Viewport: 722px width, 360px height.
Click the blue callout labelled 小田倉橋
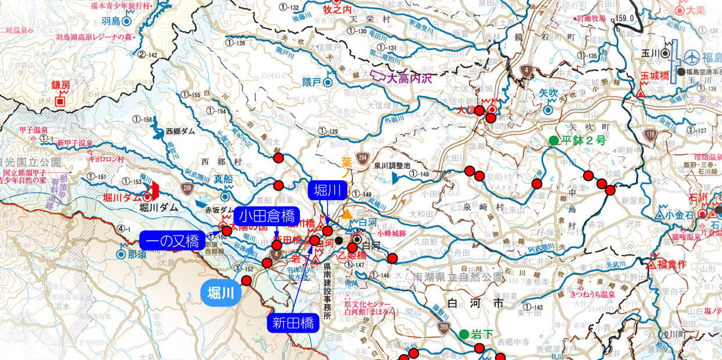point(267,217)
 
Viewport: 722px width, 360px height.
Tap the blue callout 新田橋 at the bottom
point(294,323)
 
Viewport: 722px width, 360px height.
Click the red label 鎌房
point(60,85)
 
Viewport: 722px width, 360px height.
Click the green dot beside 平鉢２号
point(553,140)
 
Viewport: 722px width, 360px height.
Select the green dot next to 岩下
point(463,334)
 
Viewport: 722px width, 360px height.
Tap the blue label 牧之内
point(338,10)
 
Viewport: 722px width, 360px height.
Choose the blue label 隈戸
point(312,82)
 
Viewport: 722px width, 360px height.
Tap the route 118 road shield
point(649,136)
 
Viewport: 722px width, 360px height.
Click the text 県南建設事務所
point(327,291)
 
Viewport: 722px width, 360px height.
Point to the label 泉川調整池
point(392,166)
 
